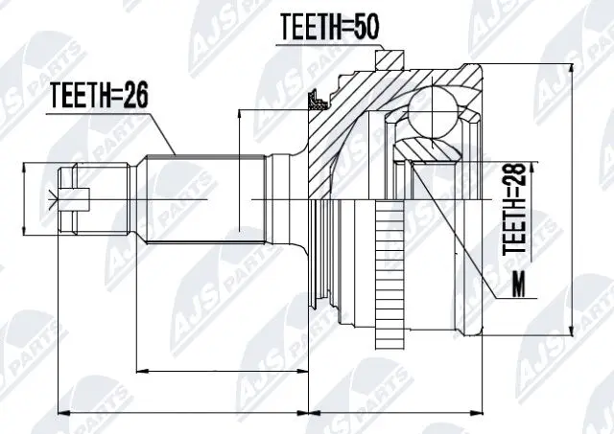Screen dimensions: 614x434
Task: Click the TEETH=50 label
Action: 330,28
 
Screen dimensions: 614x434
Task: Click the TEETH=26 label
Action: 100,96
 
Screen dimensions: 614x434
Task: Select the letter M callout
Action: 519,284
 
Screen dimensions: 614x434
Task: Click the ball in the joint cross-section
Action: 432,113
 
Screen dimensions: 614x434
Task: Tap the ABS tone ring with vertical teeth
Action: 390,274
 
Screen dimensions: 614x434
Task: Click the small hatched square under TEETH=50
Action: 390,60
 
